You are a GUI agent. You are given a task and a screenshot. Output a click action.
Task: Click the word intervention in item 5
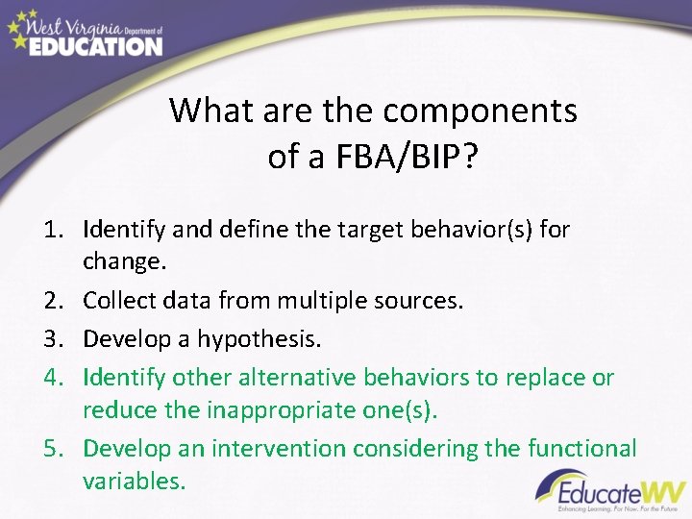tap(279, 449)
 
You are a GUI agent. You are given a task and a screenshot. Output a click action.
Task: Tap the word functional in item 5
tap(582, 449)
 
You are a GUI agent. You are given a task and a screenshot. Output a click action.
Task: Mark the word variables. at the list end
tap(134, 481)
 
